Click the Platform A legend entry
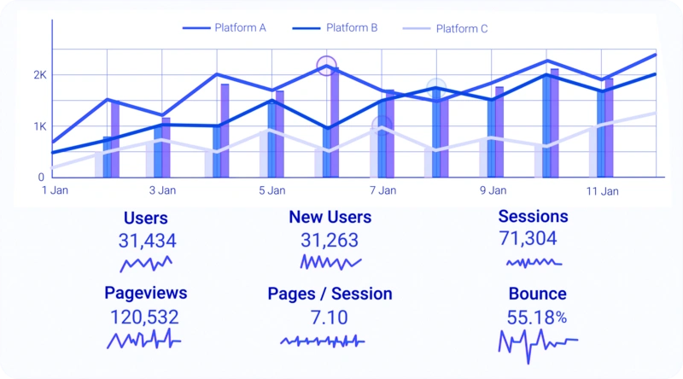coord(225,28)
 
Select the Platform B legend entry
coord(335,28)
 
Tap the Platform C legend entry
coord(445,29)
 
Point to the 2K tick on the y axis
coord(40,75)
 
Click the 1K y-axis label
coord(40,127)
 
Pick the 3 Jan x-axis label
coord(162,190)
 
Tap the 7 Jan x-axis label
coord(382,190)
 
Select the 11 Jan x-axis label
coord(603,191)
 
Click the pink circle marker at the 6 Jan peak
coord(327,66)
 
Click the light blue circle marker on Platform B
coord(436,89)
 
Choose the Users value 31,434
coord(147,241)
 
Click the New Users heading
coord(330,217)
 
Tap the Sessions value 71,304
coord(528,238)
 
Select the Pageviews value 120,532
coord(144,318)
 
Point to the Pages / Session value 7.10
coord(330,318)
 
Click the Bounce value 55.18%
coord(537,318)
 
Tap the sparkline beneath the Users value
coord(146,264)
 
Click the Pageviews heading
coord(145,293)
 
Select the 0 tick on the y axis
coord(41,177)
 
